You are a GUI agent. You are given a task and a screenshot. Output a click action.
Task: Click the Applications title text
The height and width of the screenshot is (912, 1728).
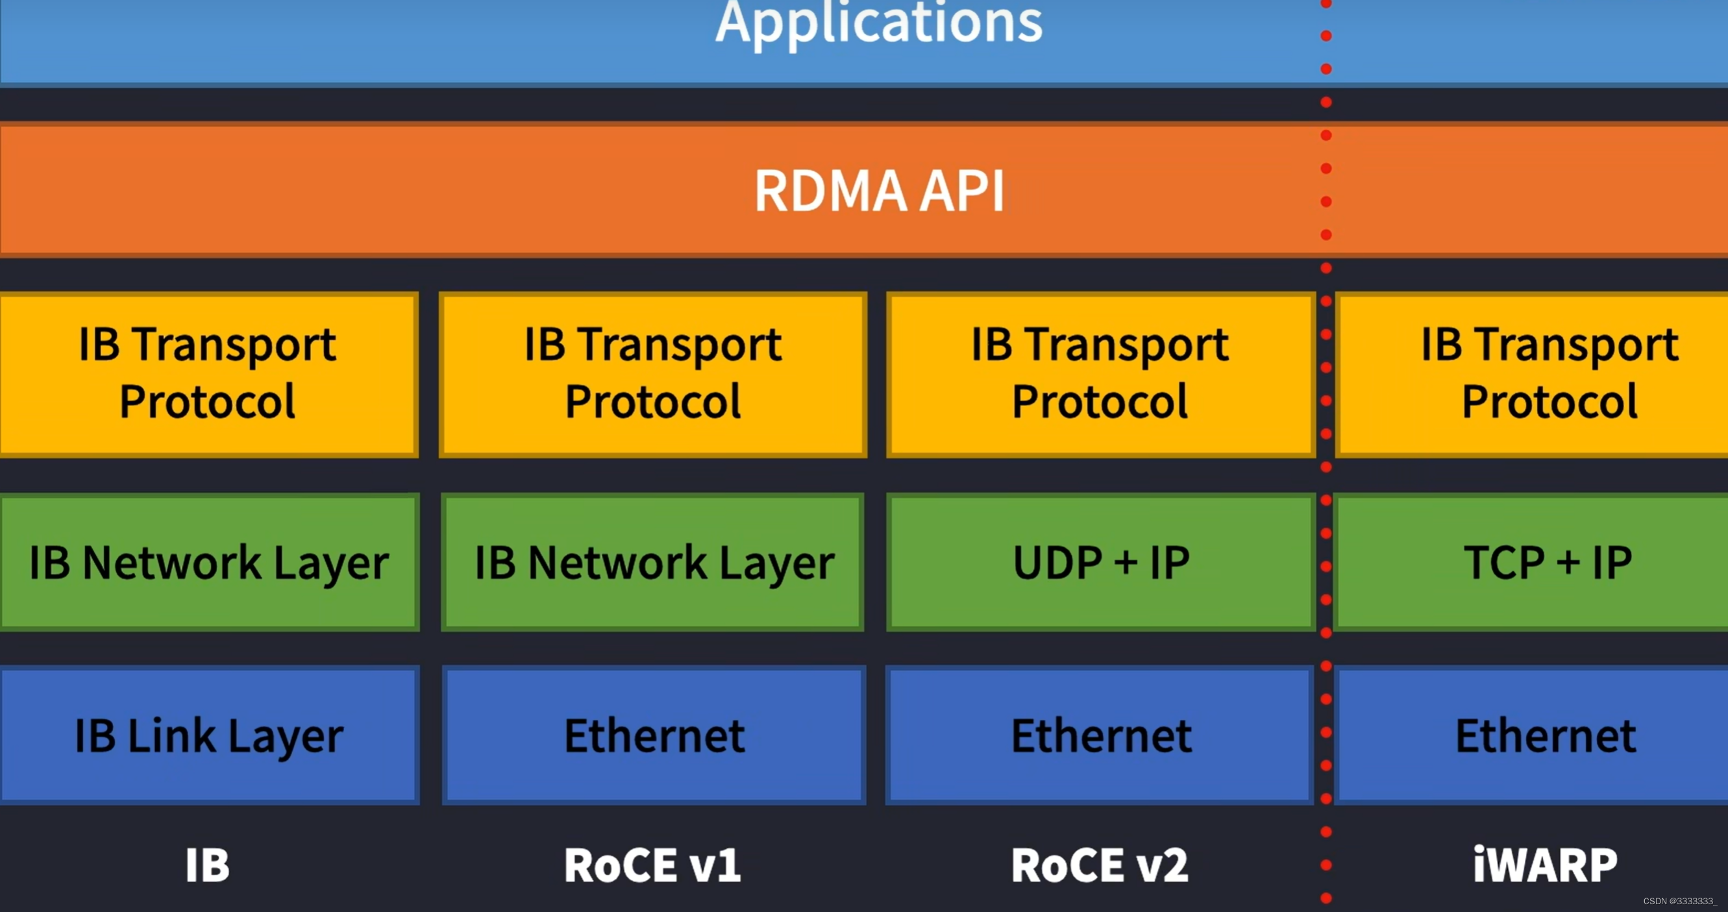(x=879, y=23)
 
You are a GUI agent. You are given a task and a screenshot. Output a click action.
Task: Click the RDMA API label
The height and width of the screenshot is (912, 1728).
(x=879, y=191)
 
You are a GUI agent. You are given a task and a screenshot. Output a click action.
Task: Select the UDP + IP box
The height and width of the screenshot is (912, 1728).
(x=1100, y=562)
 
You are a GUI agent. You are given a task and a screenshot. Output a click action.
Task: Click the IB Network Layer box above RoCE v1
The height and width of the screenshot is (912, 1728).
(x=654, y=562)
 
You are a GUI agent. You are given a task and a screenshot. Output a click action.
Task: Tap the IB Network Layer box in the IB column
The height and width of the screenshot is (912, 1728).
(x=208, y=562)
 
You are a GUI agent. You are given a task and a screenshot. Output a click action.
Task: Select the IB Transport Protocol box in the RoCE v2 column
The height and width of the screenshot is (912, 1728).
(x=1100, y=373)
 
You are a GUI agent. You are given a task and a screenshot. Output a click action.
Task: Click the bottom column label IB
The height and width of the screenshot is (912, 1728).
(x=207, y=865)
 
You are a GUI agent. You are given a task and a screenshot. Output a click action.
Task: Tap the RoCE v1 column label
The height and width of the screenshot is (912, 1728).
(x=652, y=865)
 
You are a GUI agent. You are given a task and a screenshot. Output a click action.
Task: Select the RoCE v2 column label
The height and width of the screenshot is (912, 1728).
(x=1099, y=865)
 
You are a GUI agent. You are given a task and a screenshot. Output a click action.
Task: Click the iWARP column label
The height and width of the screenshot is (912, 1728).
(x=1545, y=865)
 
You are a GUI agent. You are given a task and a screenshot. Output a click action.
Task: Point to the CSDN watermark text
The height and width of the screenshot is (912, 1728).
(x=1680, y=901)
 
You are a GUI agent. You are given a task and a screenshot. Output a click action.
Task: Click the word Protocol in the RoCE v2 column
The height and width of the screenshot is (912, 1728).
(x=1100, y=402)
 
